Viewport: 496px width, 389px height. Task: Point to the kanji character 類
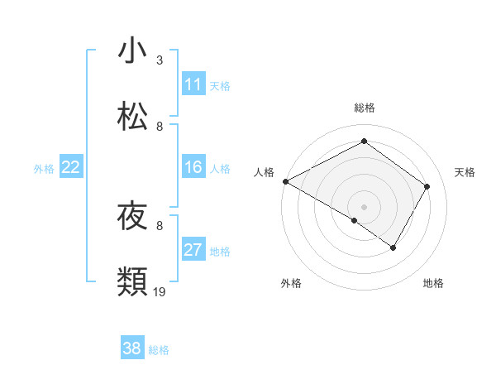133,282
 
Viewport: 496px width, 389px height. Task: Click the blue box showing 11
193,84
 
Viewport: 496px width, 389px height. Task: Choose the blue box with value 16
193,167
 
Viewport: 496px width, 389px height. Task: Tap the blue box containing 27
193,250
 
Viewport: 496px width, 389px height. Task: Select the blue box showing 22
71,167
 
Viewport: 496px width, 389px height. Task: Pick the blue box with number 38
132,349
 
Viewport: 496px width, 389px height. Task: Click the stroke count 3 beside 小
160,60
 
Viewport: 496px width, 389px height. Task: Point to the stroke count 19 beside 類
160,292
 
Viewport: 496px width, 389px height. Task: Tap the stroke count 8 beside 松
160,127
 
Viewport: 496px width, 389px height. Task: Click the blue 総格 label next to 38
159,350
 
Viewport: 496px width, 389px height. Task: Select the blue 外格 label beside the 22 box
44,168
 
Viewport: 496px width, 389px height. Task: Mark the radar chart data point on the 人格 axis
285,181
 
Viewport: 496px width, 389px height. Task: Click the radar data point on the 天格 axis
427,186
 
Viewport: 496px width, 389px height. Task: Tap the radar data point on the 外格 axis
354,220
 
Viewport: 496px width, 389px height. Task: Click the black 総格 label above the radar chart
364,108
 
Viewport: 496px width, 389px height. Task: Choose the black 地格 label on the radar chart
433,284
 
